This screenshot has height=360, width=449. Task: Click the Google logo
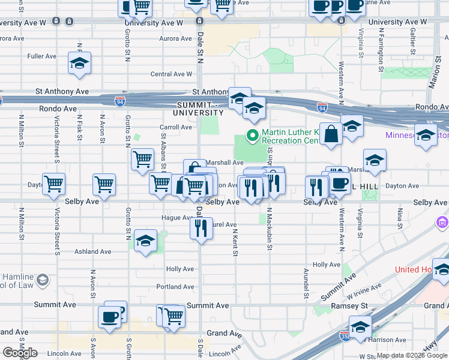[x=19, y=353]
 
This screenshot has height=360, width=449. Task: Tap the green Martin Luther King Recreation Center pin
[x=253, y=135]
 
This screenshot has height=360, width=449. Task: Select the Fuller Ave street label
[x=42, y=56]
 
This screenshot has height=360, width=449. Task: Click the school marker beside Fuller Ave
[x=80, y=64]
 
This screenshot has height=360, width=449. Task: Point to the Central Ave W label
[x=172, y=74]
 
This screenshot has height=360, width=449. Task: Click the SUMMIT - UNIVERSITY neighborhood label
[x=198, y=109]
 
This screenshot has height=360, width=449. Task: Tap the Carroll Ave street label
[x=176, y=127]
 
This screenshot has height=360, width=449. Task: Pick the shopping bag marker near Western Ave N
[x=331, y=134]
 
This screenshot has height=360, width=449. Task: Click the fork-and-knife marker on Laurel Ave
[x=201, y=228]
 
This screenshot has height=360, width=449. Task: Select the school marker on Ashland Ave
[x=146, y=241]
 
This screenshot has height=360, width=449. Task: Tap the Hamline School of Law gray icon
[x=43, y=280]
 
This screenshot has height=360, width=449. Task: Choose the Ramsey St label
[x=349, y=306]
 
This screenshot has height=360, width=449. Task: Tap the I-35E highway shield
[x=345, y=334]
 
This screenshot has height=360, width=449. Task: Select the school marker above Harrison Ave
[x=360, y=328]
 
